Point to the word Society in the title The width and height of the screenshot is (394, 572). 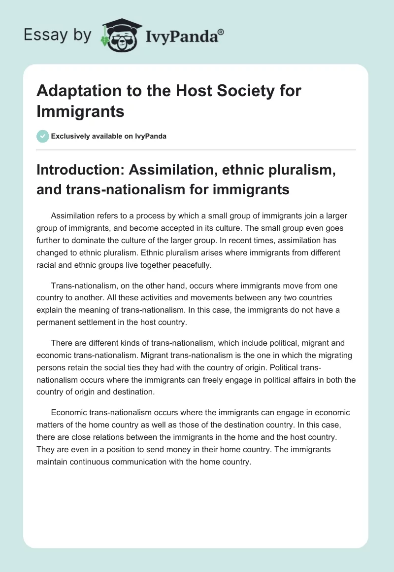click(x=233, y=91)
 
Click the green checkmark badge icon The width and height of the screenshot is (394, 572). click(x=42, y=136)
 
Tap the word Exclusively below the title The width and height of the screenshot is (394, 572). click(x=72, y=137)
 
